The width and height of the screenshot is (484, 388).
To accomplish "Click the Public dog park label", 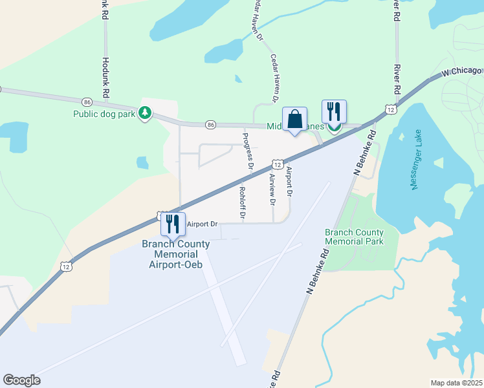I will point(104,114).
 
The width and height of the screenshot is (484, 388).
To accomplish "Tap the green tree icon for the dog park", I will point(146,114).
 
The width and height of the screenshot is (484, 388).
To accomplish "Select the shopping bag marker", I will point(294,120).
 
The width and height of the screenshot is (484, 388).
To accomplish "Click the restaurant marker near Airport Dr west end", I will point(173,224).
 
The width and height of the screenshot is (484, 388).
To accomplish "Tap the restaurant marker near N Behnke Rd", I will point(334,112).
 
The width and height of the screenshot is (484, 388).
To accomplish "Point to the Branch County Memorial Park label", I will point(354,237).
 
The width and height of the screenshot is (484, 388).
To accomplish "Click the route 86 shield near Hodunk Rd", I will point(86,102).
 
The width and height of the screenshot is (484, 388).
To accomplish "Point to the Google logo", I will point(21,380).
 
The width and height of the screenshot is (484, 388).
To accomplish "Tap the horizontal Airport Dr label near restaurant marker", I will point(202,224).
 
